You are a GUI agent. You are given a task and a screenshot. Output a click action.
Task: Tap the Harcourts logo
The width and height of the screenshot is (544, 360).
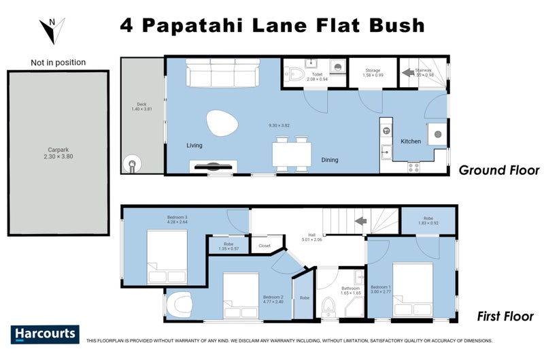pos(45,334)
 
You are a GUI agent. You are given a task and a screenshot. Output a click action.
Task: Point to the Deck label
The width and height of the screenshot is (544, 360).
pos(142,107)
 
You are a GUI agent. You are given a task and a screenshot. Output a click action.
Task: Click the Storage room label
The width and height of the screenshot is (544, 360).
pos(372,73)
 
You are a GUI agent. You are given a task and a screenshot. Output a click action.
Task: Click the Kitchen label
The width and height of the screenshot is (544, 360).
pos(411,142)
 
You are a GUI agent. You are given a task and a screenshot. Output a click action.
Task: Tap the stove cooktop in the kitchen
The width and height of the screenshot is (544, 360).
pos(414,166)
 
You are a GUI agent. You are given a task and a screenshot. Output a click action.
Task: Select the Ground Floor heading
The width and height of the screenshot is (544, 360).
pos(498,171)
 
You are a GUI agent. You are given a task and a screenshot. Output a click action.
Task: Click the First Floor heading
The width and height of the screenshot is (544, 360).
pos(505,317)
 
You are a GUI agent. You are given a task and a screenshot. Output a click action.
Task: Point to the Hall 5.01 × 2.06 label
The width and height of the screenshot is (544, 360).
pos(313,237)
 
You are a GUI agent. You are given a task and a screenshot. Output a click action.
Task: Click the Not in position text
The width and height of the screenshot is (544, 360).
pos(58,63)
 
